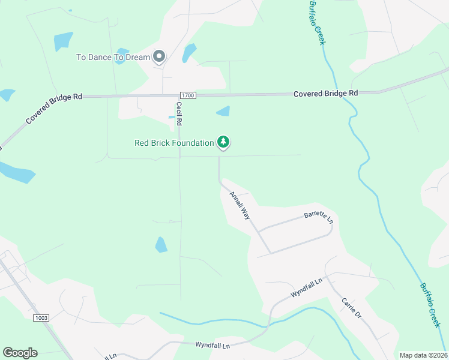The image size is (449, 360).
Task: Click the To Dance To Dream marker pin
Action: [159, 57]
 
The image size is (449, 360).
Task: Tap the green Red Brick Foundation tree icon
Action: [223, 142]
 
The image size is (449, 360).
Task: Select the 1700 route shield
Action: [188, 95]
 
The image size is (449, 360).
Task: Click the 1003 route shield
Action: [41, 317]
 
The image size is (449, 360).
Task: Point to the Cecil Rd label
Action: [179, 113]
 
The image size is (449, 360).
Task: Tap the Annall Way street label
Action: [240, 205]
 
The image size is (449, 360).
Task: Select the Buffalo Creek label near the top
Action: [316, 22]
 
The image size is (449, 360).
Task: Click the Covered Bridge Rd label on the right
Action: [325, 94]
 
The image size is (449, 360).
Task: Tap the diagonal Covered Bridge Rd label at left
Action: [54, 109]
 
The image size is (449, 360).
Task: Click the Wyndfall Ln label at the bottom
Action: [212, 346]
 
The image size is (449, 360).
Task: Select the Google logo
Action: [20, 352]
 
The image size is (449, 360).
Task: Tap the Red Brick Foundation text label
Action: [174, 143]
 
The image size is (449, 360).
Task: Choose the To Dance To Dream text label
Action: [113, 58]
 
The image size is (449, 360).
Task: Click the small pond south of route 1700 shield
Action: [223, 111]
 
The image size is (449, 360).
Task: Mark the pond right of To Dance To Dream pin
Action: [189, 53]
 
